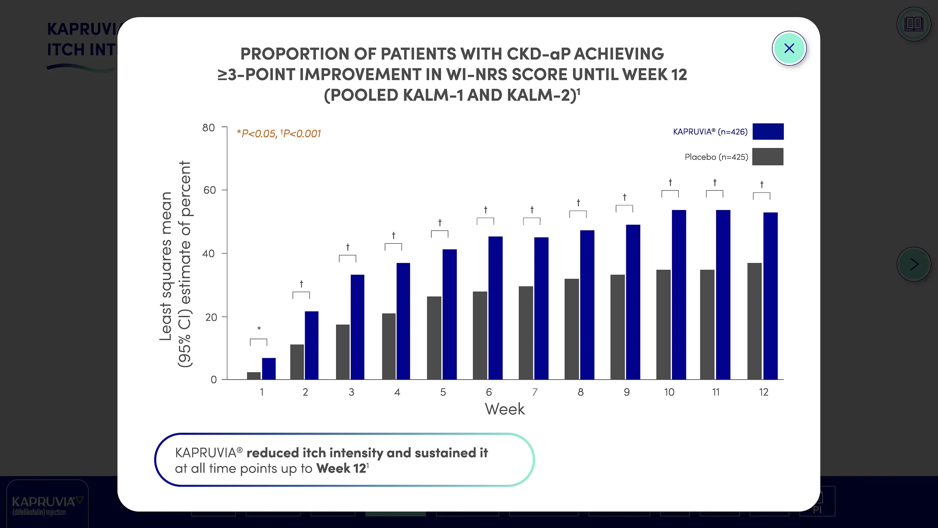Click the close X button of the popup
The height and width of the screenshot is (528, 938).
[x=789, y=48]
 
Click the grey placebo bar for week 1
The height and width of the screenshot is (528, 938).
[x=254, y=376]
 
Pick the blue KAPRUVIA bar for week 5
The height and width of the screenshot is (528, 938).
[x=449, y=314]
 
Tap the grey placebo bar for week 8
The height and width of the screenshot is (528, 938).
[x=572, y=329]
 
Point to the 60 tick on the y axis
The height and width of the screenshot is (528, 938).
[x=210, y=190]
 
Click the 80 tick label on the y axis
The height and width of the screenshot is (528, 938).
[x=209, y=127]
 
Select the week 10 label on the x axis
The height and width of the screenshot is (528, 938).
[x=669, y=392]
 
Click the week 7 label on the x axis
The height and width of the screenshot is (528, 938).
[x=535, y=392]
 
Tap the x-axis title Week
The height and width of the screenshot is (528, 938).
[x=505, y=409]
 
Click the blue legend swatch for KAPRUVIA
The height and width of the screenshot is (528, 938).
[x=768, y=131]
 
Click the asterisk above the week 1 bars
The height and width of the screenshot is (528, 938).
[x=259, y=329]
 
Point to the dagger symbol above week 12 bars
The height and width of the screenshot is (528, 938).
[x=761, y=184]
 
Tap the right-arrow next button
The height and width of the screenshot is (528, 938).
[x=914, y=264]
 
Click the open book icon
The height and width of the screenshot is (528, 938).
[x=914, y=24]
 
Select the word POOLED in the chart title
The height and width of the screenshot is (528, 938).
[x=364, y=95]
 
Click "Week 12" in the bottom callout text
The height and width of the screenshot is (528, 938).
[x=341, y=469]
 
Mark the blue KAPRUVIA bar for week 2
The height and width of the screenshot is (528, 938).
[x=311, y=345]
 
